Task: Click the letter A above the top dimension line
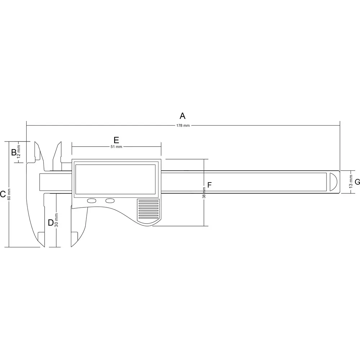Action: click(183, 116)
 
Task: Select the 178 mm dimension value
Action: click(183, 125)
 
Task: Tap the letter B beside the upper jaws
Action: click(14, 152)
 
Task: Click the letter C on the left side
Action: click(3, 194)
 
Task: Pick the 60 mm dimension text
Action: click(9, 194)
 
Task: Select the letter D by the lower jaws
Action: click(51, 222)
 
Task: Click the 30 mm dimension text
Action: click(56, 220)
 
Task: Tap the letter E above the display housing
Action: click(116, 140)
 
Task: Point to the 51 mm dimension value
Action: click(116, 147)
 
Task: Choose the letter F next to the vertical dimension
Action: click(210, 185)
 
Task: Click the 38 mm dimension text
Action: click(204, 193)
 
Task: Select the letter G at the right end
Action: click(357, 182)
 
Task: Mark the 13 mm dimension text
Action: click(351, 182)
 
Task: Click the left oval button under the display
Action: click(92, 201)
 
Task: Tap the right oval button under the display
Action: click(110, 201)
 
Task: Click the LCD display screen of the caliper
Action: click(115, 178)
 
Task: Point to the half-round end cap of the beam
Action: click(333, 182)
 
